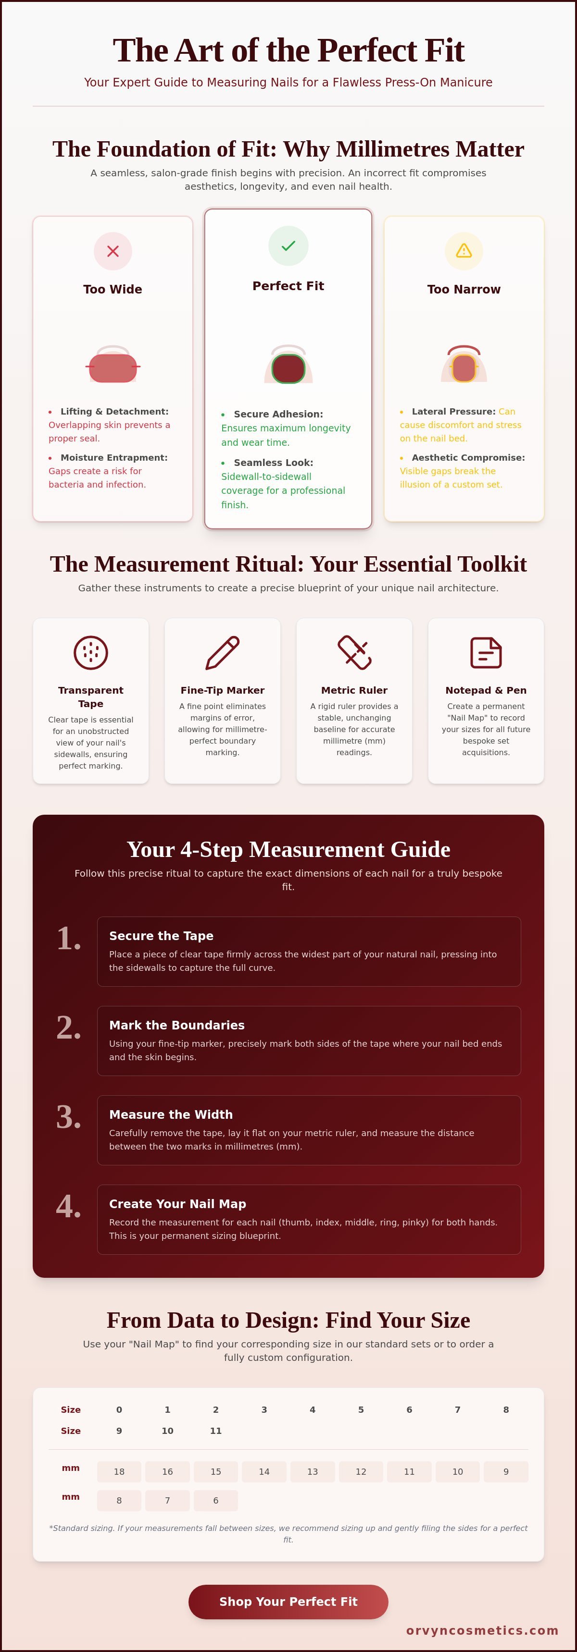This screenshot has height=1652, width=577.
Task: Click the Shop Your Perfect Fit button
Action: click(x=288, y=1602)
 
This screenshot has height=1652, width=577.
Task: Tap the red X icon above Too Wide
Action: click(x=113, y=251)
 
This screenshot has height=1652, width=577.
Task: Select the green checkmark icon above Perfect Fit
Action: click(x=288, y=245)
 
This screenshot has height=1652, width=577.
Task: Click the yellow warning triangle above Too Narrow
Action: click(x=464, y=251)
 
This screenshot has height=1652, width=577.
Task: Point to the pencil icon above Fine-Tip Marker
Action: click(x=222, y=653)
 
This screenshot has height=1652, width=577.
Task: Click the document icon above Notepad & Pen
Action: click(x=486, y=653)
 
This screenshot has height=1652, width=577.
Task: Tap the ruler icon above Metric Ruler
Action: click(x=354, y=653)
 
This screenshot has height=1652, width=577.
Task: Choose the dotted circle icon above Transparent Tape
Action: click(x=90, y=653)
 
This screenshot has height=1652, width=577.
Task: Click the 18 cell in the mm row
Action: click(x=119, y=1472)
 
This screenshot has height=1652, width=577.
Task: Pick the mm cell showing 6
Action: click(x=215, y=1501)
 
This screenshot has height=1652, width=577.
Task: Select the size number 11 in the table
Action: click(x=215, y=1431)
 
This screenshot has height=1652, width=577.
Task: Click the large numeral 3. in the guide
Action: click(x=69, y=1117)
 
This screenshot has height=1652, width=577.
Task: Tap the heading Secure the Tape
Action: click(x=161, y=936)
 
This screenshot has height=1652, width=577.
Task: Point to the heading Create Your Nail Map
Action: click(x=177, y=1204)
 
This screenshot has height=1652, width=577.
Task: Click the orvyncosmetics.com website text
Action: click(x=482, y=1630)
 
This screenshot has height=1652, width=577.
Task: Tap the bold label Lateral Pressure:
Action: click(x=453, y=412)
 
